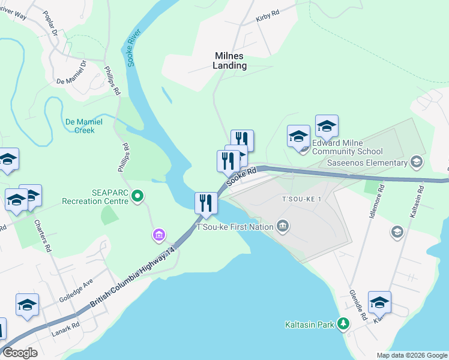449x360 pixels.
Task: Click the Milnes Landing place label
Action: pyautogui.click(x=231, y=61)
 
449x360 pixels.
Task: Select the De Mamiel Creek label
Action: pyautogui.click(x=84, y=125)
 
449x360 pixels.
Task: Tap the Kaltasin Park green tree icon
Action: pyautogui.click(x=343, y=325)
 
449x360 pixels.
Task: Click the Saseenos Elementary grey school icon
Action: pyautogui.click(x=416, y=163)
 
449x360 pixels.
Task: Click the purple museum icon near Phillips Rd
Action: pyautogui.click(x=158, y=235)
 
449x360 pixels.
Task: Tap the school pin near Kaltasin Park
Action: pyautogui.click(x=379, y=303)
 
